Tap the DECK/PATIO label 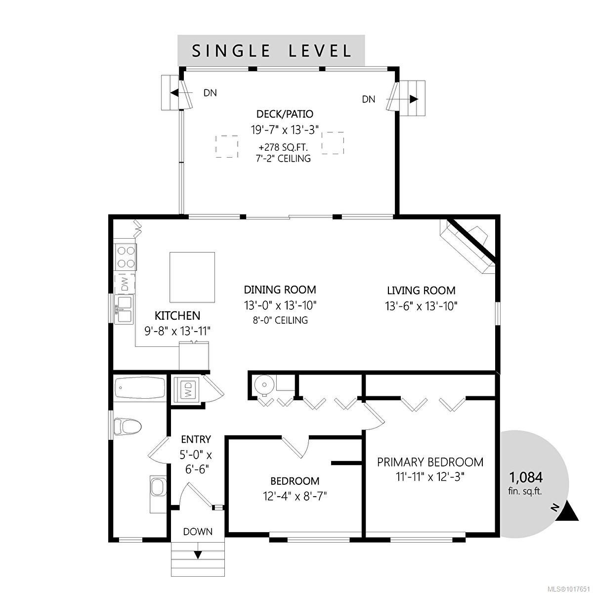pos(285,114)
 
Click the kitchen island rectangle pos(192,277)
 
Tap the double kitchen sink pos(124,308)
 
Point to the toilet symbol pos(127,426)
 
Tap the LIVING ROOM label pos(421,291)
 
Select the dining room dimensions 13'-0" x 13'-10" pos(280,305)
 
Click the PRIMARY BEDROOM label pos(430,462)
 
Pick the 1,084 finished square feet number pos(526,477)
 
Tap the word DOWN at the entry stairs pos(198,532)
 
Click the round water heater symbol pos(262,384)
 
